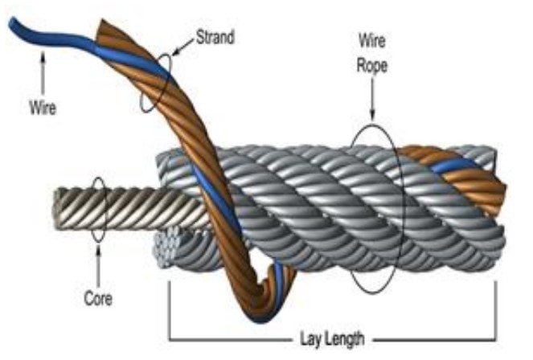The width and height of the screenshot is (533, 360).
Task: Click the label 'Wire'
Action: point(43,105)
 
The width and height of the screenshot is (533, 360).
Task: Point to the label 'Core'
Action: point(97,300)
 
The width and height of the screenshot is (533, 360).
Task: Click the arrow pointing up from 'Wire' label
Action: point(43,76)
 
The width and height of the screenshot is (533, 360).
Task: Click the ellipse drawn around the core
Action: point(98,210)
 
